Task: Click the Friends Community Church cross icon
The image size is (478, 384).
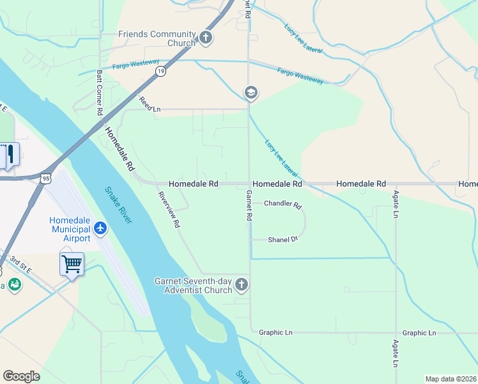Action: coord(206,38)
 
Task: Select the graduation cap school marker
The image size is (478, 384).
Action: coord(251,93)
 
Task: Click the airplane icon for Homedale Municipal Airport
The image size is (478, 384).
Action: coord(100,228)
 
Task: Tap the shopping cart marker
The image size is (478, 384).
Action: coord(72,264)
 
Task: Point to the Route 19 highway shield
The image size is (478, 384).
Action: coord(160,71)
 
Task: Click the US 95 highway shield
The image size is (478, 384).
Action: coord(44,179)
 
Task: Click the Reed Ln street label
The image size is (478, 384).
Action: coord(150,105)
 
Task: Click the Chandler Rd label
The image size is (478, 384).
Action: coord(282,205)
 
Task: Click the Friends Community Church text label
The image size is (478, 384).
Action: coord(157,38)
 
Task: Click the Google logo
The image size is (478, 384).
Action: coord(21,376)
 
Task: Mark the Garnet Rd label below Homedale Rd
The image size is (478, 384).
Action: coord(249,205)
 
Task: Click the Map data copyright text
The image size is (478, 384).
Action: coord(451,379)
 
